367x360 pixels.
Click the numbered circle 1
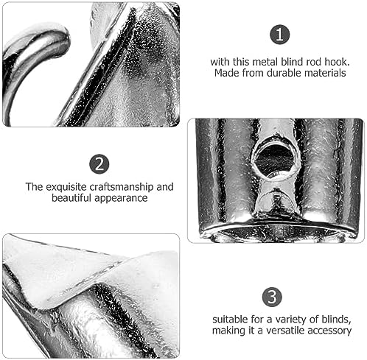(x=280, y=35)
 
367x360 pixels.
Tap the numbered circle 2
(x=99, y=164)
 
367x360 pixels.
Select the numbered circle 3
(x=272, y=297)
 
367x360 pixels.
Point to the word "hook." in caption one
(x=337, y=62)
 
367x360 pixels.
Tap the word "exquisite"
(x=66, y=187)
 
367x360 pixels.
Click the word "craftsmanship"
(x=122, y=187)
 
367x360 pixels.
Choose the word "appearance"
(x=121, y=199)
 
